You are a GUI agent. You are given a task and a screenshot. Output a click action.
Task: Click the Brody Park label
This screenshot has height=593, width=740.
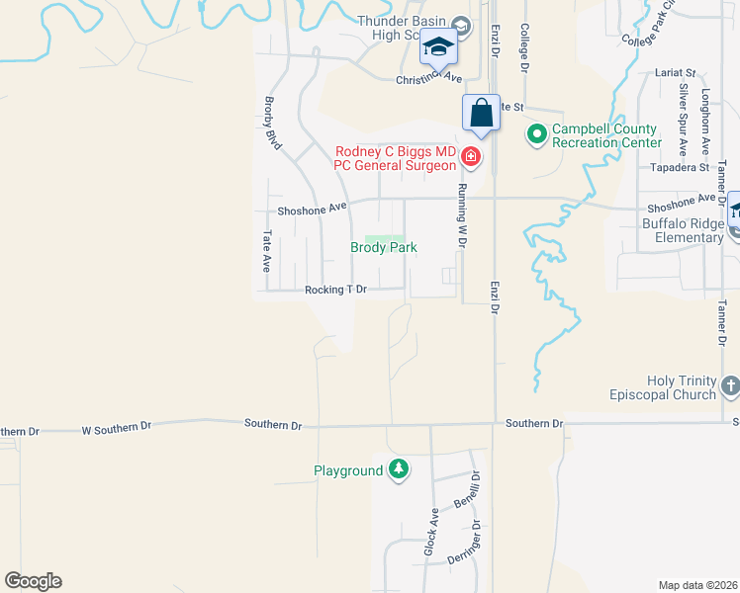click(x=384, y=248)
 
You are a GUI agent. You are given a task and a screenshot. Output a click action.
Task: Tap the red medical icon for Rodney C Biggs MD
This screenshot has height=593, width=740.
click(x=471, y=156)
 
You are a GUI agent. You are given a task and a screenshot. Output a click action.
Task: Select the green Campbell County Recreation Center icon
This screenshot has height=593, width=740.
click(x=537, y=132)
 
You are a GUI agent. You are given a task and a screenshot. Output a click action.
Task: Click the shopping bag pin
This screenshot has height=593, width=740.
click(x=482, y=113)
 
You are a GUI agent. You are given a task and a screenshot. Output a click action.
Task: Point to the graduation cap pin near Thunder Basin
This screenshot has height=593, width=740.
click(x=438, y=45)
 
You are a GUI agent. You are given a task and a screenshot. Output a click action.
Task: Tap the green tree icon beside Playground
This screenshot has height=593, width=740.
click(x=399, y=469)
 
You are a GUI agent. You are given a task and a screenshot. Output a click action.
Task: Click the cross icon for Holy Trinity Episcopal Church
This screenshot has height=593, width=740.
click(x=730, y=385)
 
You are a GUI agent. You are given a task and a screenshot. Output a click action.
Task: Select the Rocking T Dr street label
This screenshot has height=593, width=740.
click(x=335, y=290)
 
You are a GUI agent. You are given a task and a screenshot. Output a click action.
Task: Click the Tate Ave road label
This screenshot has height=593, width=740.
click(x=267, y=251)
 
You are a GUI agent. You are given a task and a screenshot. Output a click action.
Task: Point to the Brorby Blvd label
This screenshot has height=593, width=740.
click(x=273, y=123)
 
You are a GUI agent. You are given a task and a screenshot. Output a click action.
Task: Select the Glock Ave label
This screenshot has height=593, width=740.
click(x=433, y=531)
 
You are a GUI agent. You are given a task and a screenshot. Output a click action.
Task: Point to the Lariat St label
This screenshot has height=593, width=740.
click(x=676, y=73)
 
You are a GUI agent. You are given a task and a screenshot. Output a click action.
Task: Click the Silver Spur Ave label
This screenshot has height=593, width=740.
click(x=683, y=120)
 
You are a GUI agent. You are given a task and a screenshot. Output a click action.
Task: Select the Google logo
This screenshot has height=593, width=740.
click(x=33, y=581)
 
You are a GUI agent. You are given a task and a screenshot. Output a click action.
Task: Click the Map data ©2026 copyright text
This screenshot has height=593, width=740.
click(x=697, y=585)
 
